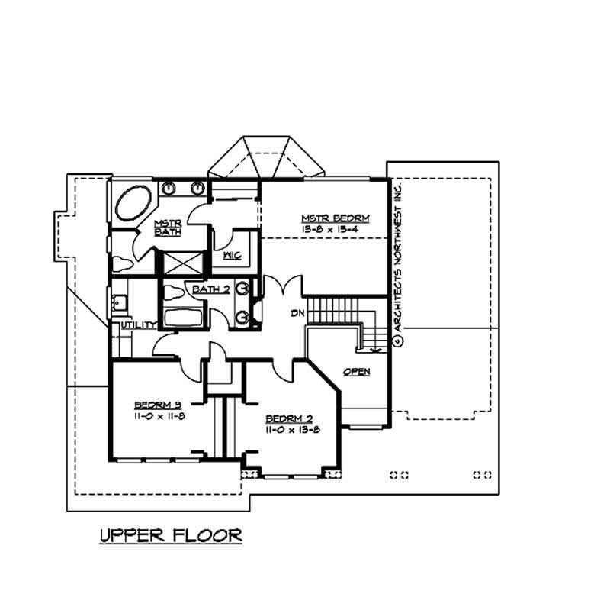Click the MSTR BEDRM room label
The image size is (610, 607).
coord(325,218)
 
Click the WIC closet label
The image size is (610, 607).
coord(232,256)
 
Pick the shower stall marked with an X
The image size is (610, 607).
coord(183,262)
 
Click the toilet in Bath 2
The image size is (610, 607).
coord(174,292)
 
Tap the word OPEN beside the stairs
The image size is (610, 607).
coord(356,372)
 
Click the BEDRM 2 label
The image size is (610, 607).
coord(287,419)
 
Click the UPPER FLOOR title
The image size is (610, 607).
coord(171,535)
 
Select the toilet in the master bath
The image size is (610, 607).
coord(121,263)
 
